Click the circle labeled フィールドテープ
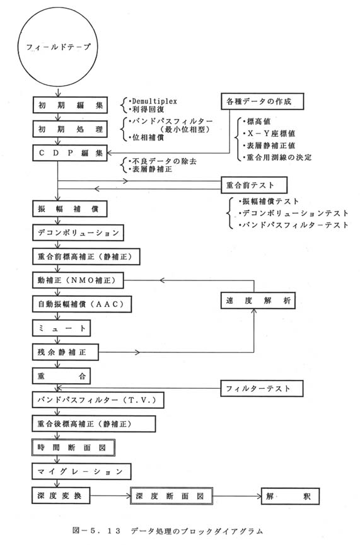tap(58, 47)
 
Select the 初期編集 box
tap(70, 105)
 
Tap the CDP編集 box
tap(70, 153)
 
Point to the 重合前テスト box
tap(254, 185)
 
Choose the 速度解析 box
tap(258, 301)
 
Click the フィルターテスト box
tap(262, 389)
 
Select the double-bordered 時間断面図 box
tap(73, 448)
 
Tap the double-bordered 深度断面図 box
tap(171, 496)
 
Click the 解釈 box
tap(290, 496)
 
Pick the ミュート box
tap(62, 328)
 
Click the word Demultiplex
tap(154, 101)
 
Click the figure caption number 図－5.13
tap(96, 531)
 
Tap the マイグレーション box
tap(81, 472)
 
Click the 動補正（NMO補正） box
tap(78, 280)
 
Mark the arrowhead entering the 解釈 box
tap(259, 496)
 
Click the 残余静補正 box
tap(66, 352)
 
